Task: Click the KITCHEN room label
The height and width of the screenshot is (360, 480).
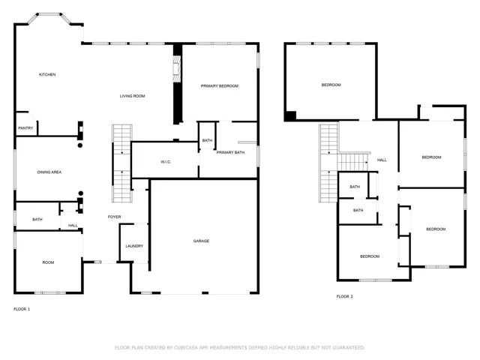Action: click(x=47, y=74)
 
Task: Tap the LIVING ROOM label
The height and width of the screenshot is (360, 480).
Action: click(x=132, y=96)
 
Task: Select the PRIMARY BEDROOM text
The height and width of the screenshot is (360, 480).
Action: click(x=220, y=86)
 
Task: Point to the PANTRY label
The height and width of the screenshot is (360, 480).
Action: click(x=25, y=128)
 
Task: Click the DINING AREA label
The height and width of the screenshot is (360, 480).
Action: click(x=49, y=172)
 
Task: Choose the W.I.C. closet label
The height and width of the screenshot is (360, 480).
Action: click(x=166, y=162)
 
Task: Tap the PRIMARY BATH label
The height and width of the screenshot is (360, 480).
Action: click(x=230, y=152)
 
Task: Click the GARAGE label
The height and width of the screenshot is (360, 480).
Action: click(x=201, y=241)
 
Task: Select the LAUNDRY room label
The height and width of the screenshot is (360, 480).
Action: click(x=134, y=246)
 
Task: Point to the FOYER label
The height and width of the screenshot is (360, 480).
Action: click(x=115, y=217)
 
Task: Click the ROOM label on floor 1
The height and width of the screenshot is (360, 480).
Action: click(x=48, y=262)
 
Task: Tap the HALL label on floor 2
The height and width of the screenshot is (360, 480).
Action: click(x=382, y=160)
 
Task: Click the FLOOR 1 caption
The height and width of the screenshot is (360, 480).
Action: click(x=22, y=309)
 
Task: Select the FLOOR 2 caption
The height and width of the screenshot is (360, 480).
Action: click(x=345, y=296)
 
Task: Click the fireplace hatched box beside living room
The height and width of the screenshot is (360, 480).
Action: click(x=177, y=68)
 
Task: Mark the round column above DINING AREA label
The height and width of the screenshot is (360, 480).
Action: click(x=80, y=145)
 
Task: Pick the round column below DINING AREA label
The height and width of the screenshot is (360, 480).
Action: click(x=81, y=193)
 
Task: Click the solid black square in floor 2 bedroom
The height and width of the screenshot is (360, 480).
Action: click(x=290, y=116)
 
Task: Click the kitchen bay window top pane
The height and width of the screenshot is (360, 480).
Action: click(x=49, y=14)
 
